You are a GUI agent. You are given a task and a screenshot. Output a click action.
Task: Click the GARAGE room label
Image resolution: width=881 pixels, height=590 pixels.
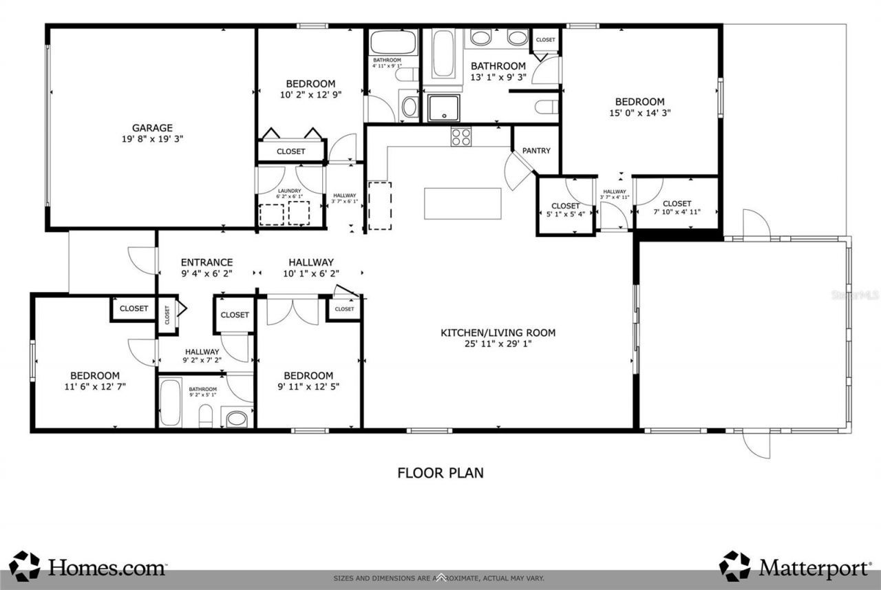pos(152,127)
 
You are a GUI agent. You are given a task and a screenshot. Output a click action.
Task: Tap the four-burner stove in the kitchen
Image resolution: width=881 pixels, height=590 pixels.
pos(461,137)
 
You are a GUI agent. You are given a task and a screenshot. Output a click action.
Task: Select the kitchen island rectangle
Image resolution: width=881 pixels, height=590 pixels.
pos(463,203)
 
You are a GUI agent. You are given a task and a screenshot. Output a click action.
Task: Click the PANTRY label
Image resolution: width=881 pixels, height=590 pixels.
pos(536,151)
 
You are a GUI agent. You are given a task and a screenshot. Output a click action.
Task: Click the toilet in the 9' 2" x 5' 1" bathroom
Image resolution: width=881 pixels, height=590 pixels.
pos(205,414)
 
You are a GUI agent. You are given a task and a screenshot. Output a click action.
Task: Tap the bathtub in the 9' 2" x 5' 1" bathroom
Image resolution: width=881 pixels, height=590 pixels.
pos(171,402)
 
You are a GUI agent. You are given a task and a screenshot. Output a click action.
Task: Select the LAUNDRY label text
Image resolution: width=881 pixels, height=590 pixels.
pos(290,191)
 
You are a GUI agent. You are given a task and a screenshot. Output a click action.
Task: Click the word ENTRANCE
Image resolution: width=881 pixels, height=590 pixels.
pos(206,262)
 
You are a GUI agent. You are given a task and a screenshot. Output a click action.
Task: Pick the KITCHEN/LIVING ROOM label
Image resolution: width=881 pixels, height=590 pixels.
pos(498,333)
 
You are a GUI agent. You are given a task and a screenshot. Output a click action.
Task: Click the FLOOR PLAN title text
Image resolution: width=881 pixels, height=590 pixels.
pos(440,473)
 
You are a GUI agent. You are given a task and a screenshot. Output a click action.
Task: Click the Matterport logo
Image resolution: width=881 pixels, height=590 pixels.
pos(795,567)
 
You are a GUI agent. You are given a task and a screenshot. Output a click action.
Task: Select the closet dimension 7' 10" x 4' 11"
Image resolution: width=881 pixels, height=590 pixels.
pos(677,212)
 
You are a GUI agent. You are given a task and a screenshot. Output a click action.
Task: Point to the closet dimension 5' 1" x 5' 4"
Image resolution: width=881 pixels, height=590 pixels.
pos(565,214)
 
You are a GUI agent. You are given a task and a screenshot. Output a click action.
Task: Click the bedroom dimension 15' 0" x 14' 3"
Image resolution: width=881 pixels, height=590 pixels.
pos(639,113)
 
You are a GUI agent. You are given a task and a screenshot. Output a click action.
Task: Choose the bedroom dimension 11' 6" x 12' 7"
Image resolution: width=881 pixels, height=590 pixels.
pos(94,386)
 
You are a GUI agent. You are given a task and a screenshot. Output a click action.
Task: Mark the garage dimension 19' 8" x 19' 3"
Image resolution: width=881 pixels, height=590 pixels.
pos(152,138)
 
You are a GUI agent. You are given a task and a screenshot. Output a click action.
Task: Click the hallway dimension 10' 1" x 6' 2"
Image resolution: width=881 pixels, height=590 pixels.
pos(311,273)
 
